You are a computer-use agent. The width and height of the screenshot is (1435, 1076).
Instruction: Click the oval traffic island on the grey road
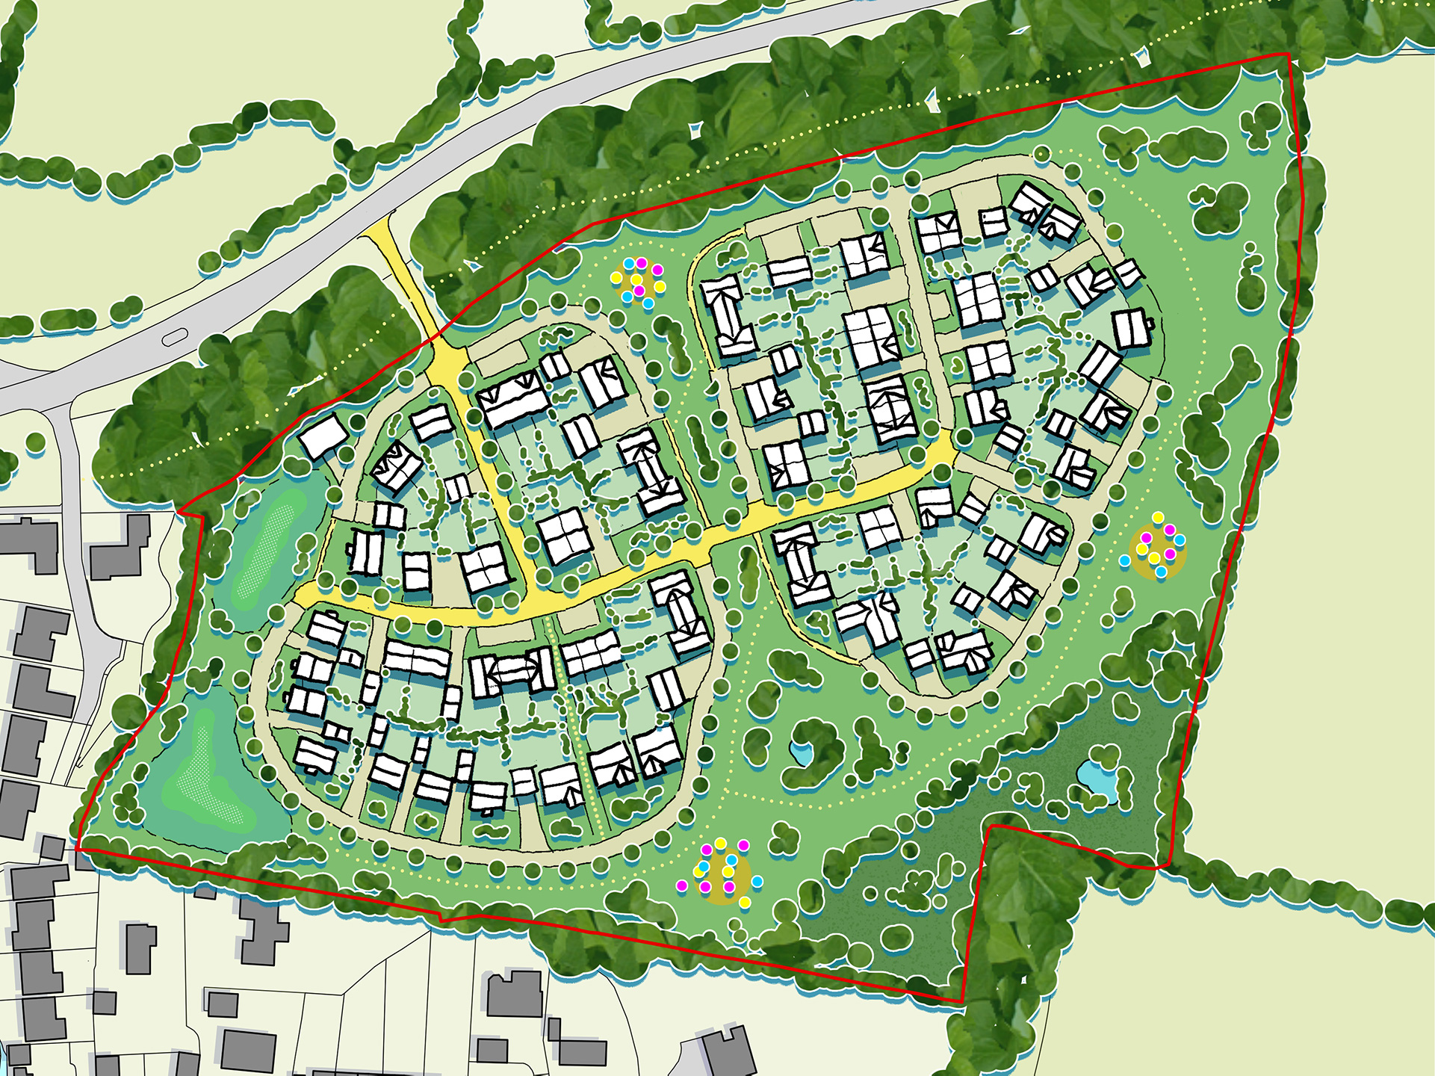174,338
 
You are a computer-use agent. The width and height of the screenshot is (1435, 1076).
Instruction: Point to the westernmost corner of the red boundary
77,849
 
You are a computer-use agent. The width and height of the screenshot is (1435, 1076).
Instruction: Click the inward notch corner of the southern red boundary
991,826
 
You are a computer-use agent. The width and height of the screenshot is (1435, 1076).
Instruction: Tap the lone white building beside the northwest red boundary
323,437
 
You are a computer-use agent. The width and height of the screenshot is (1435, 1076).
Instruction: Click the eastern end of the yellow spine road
950,452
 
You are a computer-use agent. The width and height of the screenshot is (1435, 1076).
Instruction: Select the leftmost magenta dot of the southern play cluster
681,885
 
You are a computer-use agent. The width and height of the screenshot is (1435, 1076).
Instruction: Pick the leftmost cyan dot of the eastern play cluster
1124,560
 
